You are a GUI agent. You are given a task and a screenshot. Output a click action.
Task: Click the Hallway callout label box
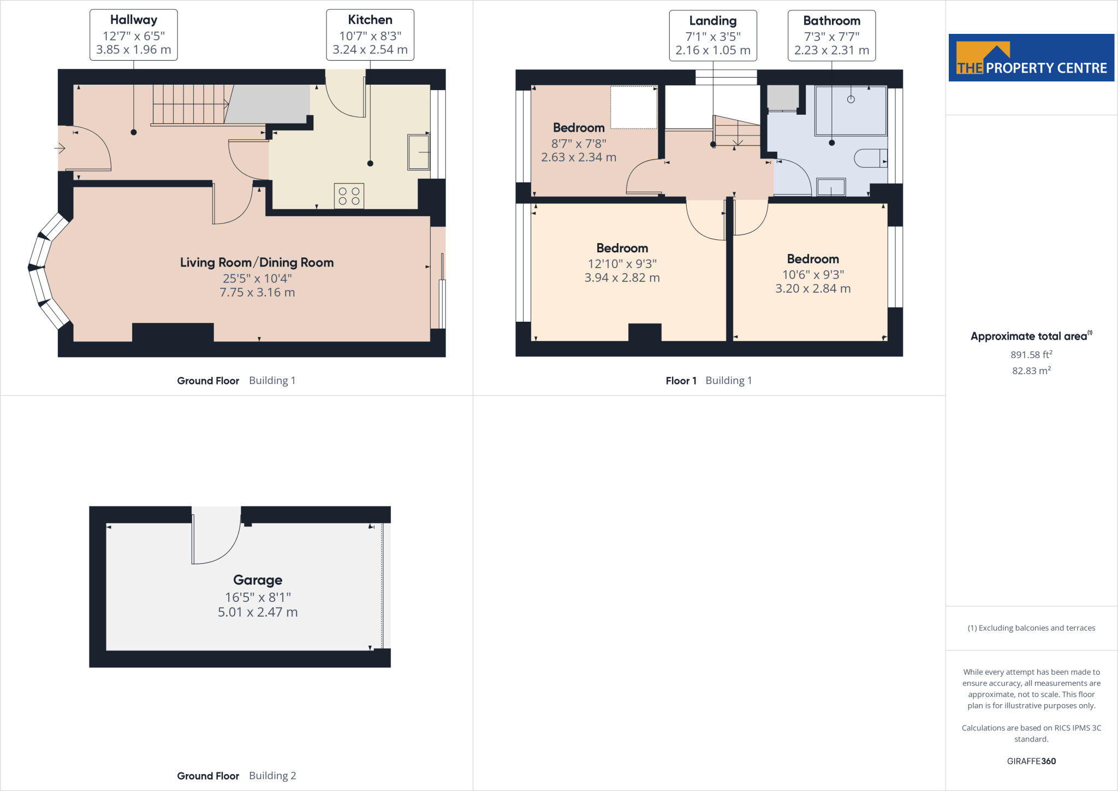(x=133, y=35)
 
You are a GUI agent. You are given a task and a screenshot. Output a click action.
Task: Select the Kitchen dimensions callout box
(x=370, y=35)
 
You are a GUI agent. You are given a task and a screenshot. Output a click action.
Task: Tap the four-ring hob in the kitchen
(x=349, y=196)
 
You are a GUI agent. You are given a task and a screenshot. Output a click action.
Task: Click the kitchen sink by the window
(x=419, y=152)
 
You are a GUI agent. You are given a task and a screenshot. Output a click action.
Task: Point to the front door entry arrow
(x=60, y=148)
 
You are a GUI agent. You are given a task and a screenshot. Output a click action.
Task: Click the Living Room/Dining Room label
(x=257, y=262)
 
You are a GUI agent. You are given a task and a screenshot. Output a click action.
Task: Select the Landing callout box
(x=712, y=36)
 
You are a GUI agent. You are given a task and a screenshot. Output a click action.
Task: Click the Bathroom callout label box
(x=831, y=36)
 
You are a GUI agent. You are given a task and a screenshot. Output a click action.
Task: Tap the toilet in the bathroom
(x=870, y=158)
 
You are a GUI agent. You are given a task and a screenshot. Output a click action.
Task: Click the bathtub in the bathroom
(x=851, y=110)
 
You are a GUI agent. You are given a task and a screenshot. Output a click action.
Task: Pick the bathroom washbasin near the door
(x=831, y=187)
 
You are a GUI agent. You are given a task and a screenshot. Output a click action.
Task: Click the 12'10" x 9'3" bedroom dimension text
(x=622, y=264)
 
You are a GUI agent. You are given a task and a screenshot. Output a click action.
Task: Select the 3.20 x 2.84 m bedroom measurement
(x=813, y=288)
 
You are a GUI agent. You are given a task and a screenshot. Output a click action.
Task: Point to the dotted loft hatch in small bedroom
(x=633, y=108)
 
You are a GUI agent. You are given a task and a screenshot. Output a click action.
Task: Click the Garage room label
(x=258, y=580)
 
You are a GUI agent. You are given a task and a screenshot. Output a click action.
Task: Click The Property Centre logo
(x=1031, y=58)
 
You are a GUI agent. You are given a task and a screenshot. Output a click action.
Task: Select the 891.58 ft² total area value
(x=1031, y=355)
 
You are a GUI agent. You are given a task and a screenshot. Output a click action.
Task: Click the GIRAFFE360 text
(x=1031, y=761)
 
